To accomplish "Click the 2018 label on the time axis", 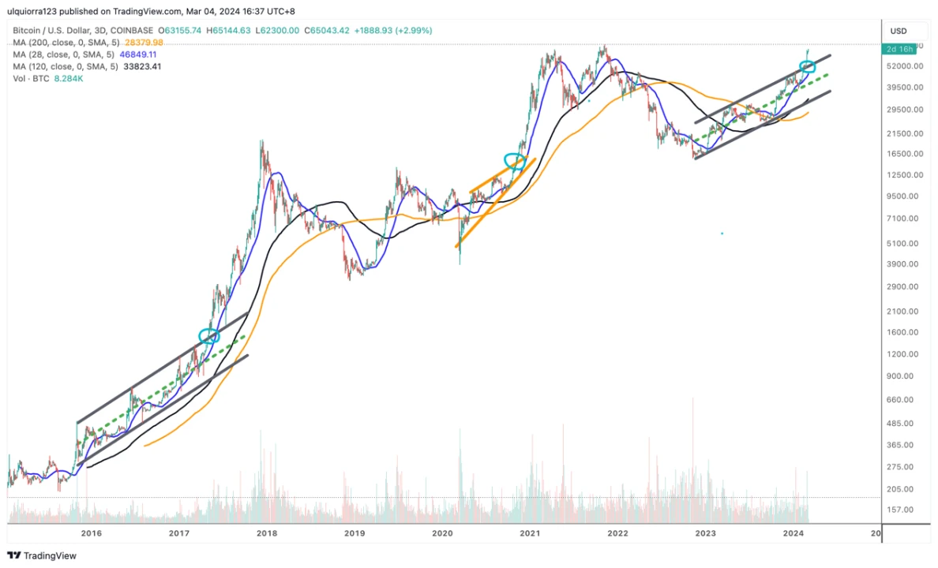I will [267, 534].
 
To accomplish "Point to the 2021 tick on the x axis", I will [530, 534].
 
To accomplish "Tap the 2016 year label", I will [92, 534].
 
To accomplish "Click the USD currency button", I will [899, 31].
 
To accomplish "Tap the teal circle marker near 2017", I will [208, 336].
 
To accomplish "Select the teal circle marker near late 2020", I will [514, 160].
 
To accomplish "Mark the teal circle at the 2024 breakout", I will [807, 67].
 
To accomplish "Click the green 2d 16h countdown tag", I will [899, 49].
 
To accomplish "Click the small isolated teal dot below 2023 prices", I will [722, 233].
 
